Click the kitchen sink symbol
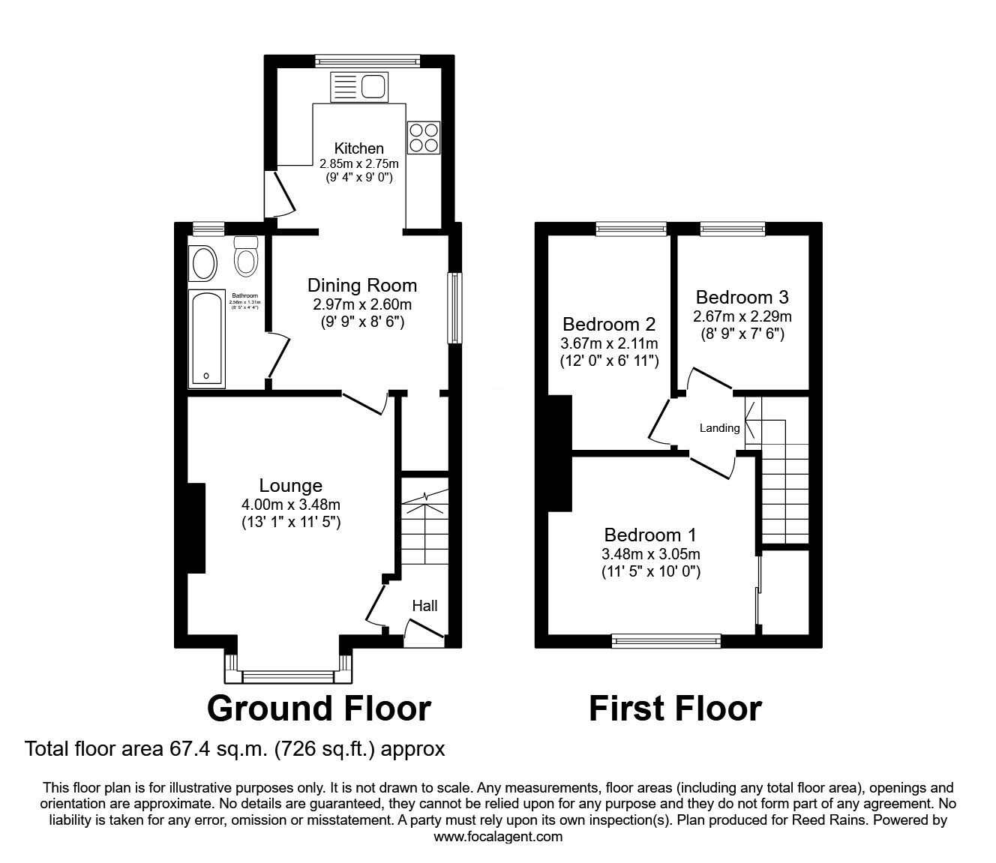pyautogui.click(x=358, y=87)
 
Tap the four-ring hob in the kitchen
pyautogui.click(x=423, y=137)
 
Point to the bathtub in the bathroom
pyautogui.click(x=207, y=339)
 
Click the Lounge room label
pyautogui.click(x=290, y=486)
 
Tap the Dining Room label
pyautogui.click(x=362, y=286)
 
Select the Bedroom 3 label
pyautogui.click(x=741, y=297)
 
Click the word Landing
pyautogui.click(x=719, y=429)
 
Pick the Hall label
pyautogui.click(x=424, y=606)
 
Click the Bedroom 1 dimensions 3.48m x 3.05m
pyautogui.click(x=650, y=555)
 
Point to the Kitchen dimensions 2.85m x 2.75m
pyautogui.click(x=358, y=163)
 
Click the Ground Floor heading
pyautogui.click(x=319, y=708)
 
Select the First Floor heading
pyautogui.click(x=675, y=708)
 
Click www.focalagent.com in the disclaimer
pyautogui.click(x=498, y=837)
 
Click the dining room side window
pyautogui.click(x=454, y=308)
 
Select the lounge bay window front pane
pyautogui.click(x=288, y=677)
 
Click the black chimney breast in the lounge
pyautogui.click(x=196, y=529)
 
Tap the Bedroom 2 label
pyautogui.click(x=609, y=325)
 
